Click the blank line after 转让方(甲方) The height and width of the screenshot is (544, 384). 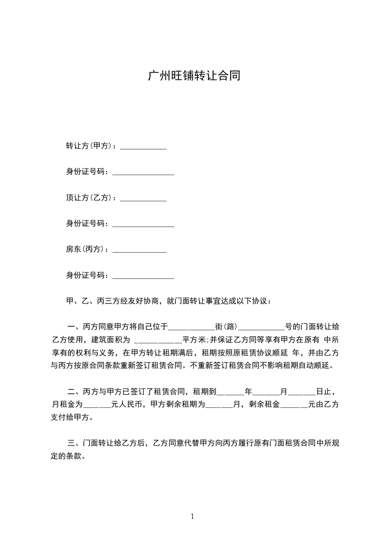click(x=143, y=146)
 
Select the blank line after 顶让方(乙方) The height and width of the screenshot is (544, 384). click(x=143, y=198)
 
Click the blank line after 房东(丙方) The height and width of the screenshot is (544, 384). click(x=139, y=250)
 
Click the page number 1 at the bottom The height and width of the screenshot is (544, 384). click(x=192, y=517)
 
